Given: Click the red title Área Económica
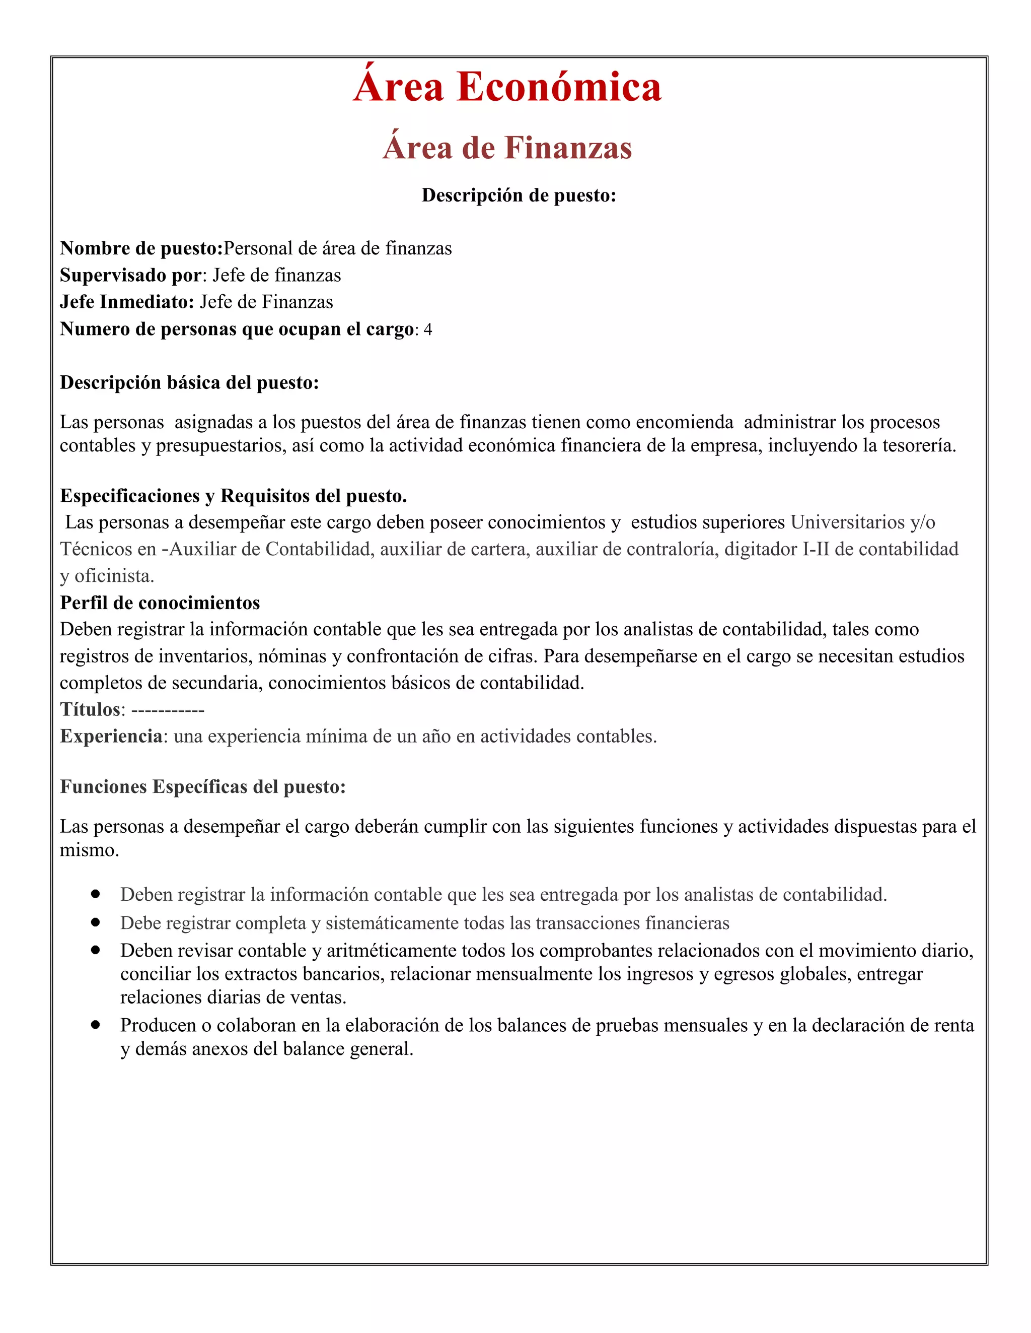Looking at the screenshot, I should point(507,87).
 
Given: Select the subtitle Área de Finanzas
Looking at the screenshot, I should point(507,148).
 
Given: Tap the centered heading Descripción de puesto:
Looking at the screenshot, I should point(519,195).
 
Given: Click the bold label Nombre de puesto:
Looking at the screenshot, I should point(141,248).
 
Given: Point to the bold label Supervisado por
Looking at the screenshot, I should point(130,275).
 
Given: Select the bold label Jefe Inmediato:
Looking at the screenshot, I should point(127,302).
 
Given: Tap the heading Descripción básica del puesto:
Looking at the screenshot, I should point(189,383).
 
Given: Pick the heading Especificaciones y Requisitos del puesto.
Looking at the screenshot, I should point(233,496).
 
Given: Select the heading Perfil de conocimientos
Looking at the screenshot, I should point(160,603).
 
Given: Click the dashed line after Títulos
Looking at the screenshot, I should point(168,710).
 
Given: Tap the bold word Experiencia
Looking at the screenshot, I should point(111,737).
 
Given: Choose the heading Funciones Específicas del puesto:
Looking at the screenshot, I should point(202,787).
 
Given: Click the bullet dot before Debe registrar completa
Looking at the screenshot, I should point(95,922).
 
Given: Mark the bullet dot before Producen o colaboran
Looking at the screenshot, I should point(95,1025).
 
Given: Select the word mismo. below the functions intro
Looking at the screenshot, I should point(89,850).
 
